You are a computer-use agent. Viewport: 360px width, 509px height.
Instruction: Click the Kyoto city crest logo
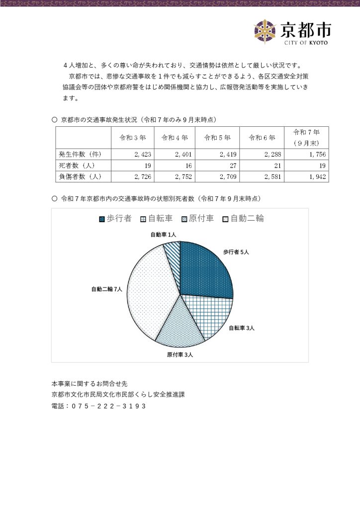pyautogui.click(x=265, y=31)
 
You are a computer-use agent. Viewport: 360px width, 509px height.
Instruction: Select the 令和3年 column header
pyautogui.click(x=132, y=138)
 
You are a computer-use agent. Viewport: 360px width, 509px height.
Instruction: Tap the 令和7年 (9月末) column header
pyautogui.click(x=306, y=138)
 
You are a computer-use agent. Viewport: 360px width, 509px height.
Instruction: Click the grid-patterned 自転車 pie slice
pyautogui.click(x=209, y=316)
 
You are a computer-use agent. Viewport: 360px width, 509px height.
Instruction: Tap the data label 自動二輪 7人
pyautogui.click(x=106, y=289)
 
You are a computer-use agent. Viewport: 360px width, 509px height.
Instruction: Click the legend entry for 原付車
pyautogui.click(x=197, y=219)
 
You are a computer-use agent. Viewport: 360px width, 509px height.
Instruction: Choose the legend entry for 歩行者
pyautogui.click(x=115, y=219)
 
